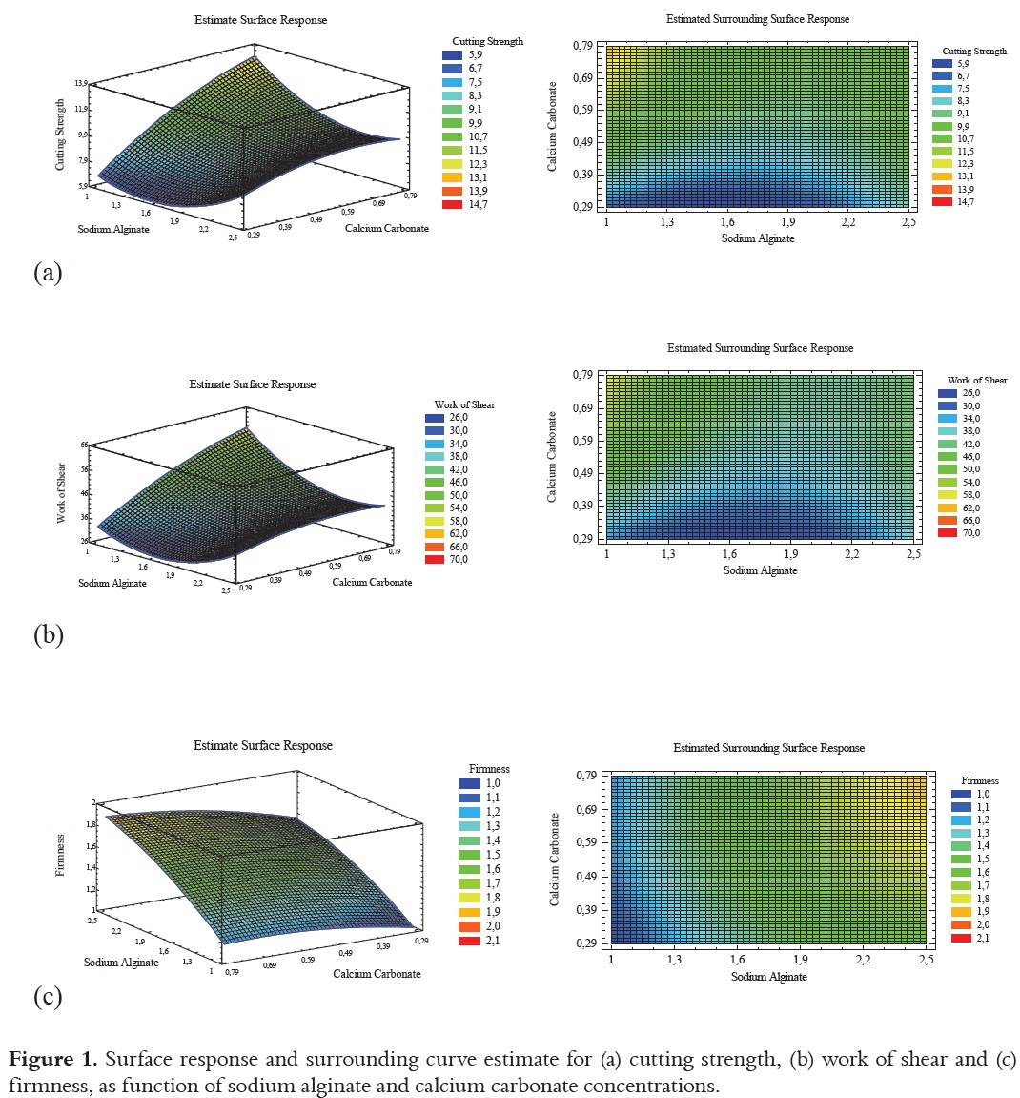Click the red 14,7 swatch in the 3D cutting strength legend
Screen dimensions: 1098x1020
pos(452,204)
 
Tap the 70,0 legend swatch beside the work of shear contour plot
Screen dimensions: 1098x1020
pos(947,532)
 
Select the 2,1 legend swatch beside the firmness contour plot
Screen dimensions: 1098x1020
pos(961,938)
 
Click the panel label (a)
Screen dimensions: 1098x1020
pos(48,273)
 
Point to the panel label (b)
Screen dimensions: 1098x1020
pos(49,634)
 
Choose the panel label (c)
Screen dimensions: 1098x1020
pos(48,997)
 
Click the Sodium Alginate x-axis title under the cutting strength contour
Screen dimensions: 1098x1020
pos(758,238)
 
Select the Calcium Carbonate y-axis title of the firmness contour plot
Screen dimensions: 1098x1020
pos(555,860)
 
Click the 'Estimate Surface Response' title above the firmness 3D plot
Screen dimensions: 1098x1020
pos(263,745)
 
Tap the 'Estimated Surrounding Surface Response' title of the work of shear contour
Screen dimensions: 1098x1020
pos(760,348)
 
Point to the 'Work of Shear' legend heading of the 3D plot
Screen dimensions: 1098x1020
pos(464,404)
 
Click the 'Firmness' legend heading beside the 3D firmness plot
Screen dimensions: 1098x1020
pos(489,768)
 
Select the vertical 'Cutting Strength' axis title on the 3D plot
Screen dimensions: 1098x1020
pos(61,134)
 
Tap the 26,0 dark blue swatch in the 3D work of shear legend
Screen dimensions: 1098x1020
pos(435,418)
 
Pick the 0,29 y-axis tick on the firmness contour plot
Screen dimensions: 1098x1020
pos(585,943)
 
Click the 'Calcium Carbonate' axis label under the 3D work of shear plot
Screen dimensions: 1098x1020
pos(372,582)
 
